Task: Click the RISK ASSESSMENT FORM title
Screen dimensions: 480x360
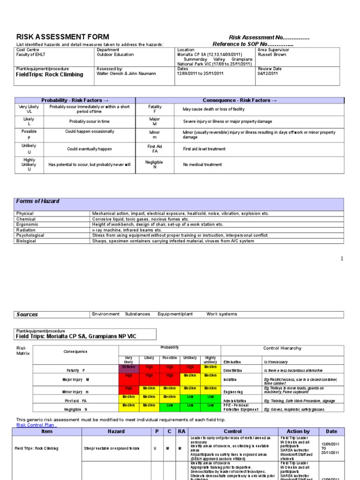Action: click(63, 37)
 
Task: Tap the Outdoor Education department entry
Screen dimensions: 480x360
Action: click(115, 54)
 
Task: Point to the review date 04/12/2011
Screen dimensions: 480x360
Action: click(268, 74)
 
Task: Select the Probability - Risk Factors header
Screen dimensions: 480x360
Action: click(75, 100)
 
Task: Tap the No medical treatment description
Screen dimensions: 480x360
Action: click(202, 165)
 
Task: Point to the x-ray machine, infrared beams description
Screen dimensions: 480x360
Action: click(127, 230)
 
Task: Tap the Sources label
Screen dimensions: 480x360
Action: click(27, 315)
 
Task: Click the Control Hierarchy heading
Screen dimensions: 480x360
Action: click(283, 348)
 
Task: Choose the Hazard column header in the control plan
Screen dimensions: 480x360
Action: click(116, 431)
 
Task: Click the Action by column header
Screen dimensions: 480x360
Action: click(298, 431)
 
